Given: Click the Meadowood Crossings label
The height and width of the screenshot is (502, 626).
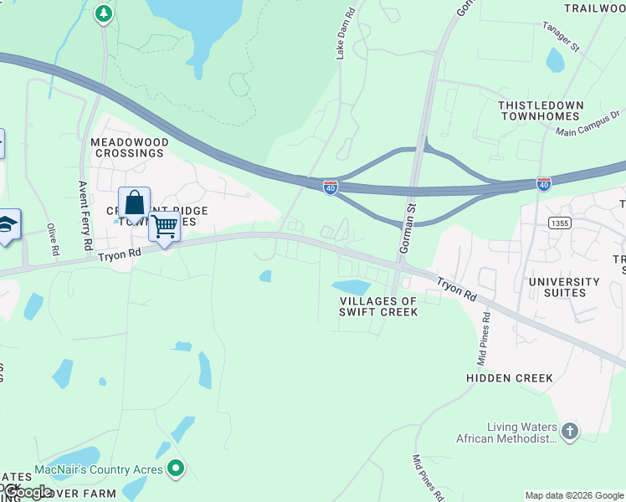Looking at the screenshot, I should coord(129,148).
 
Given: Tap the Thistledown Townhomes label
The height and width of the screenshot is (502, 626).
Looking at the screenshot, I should coord(540,110).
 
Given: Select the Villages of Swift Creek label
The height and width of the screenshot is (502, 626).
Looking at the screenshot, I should coord(377,306).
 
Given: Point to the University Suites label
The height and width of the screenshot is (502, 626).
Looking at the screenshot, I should coord(564,288).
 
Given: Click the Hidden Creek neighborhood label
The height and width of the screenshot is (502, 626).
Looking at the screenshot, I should coord(510,378).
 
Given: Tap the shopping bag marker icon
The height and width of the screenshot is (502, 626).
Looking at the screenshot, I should coord(134,203).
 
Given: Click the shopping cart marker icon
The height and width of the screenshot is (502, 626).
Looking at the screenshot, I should coord(165,226).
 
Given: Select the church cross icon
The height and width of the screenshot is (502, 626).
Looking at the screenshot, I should coord(569,432).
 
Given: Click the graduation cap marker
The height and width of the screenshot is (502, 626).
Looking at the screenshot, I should coord(8,224).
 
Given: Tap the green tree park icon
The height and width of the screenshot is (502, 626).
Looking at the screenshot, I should coord(103,13).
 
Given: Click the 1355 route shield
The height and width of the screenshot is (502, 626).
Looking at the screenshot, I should coord(560,222).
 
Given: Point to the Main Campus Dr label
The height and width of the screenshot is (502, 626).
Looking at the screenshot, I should coord(591,123).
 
